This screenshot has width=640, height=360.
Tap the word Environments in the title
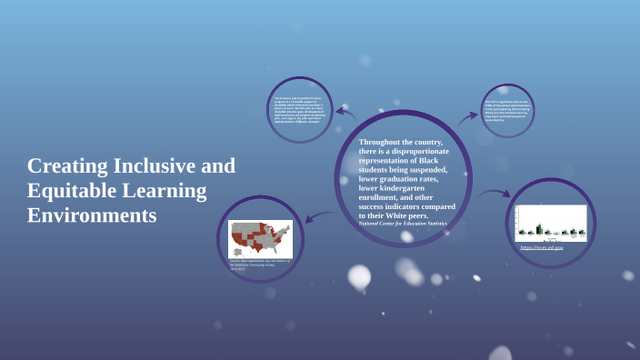point(92,216)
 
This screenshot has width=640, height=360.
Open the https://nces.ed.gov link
point(542,246)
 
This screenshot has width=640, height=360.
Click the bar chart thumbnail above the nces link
point(550,223)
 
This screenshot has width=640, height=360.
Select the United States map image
point(259,238)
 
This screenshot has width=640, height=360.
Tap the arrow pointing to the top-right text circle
point(468,116)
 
